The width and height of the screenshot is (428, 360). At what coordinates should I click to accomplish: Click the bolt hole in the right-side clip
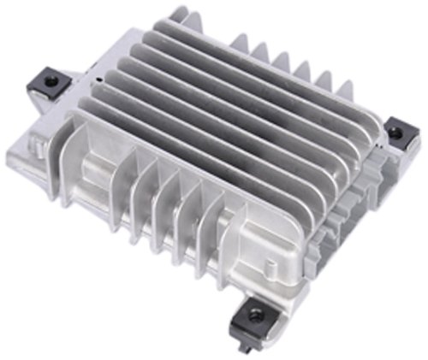point(396,131)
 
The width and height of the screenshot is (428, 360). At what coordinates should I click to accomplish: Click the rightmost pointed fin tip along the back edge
point(347,85)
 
